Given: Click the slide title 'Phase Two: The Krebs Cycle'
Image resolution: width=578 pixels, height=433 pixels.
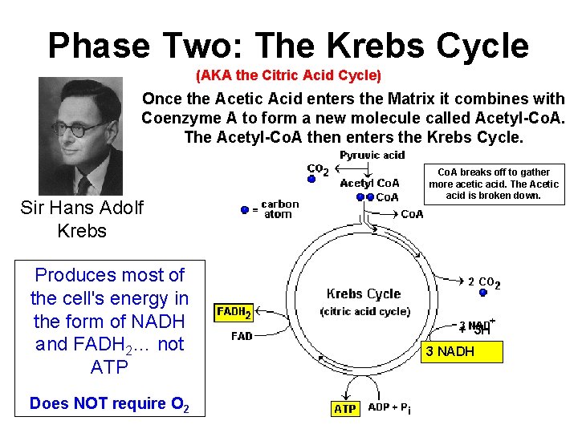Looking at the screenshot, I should pyautogui.click(x=288, y=46).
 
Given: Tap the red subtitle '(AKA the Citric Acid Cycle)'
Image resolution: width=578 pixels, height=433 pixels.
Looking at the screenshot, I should pyautogui.click(x=288, y=76).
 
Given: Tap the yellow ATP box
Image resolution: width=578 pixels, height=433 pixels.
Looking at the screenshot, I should pyautogui.click(x=344, y=408).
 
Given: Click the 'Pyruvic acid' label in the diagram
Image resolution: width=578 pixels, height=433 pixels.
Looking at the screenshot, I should pyautogui.click(x=372, y=155).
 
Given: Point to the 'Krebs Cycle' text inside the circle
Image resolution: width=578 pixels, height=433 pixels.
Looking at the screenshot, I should pyautogui.click(x=363, y=293).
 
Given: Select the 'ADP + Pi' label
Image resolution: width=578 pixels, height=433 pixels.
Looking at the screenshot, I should pyautogui.click(x=390, y=408).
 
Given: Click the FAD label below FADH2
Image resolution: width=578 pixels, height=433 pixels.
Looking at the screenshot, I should pyautogui.click(x=242, y=336).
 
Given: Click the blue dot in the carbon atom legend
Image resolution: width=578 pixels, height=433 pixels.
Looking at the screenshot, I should pyautogui.click(x=245, y=210).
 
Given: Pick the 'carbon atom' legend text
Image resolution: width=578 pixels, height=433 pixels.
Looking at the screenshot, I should pyautogui.click(x=279, y=209).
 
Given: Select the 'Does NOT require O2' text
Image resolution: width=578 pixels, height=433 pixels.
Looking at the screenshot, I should pyautogui.click(x=109, y=403).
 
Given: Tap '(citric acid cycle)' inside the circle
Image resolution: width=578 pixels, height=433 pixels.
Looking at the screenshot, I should pyautogui.click(x=364, y=311).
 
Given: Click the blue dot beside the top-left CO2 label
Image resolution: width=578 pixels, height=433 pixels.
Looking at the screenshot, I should pyautogui.click(x=311, y=180).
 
